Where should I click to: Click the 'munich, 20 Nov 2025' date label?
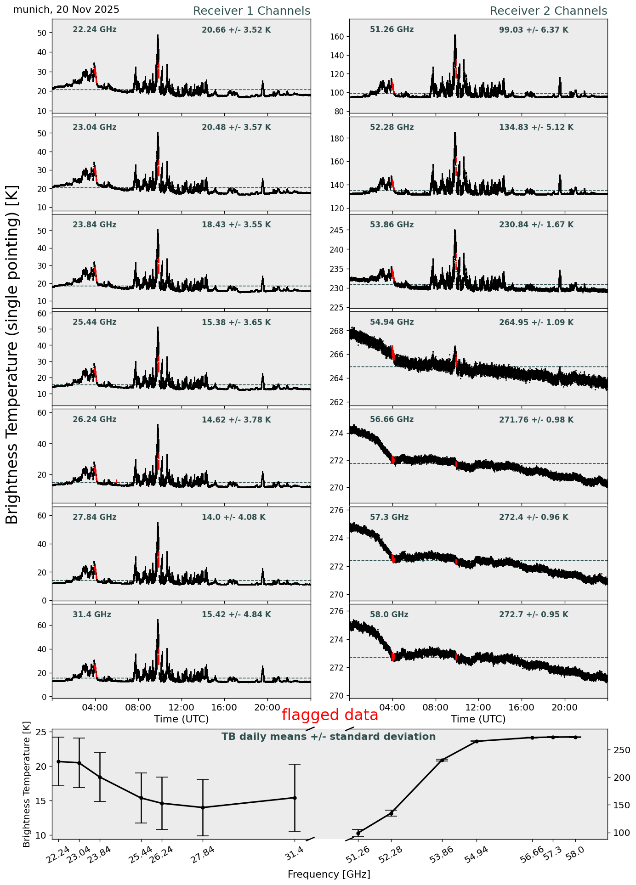pyautogui.click(x=66, y=10)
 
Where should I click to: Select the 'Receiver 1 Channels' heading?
pyautogui.click(x=251, y=11)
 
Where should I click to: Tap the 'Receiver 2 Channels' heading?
pyautogui.click(x=548, y=11)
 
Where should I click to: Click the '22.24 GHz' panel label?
pyautogui.click(x=95, y=30)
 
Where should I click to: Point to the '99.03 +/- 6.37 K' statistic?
pyautogui.click(x=534, y=30)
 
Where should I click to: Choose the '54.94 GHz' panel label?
pyautogui.click(x=392, y=322)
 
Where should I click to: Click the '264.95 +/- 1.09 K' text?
pyautogui.click(x=536, y=323)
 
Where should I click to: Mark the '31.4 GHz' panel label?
pyautogui.click(x=92, y=615)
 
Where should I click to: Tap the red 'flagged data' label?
pyautogui.click(x=330, y=715)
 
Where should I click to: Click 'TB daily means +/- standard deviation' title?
pyautogui.click(x=329, y=737)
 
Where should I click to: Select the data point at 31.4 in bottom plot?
pyautogui.click(x=295, y=798)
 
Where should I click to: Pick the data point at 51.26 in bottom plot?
pyautogui.click(x=358, y=833)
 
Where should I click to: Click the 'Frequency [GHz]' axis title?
pyautogui.click(x=329, y=874)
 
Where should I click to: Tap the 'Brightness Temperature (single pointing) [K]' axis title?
pyautogui.click(x=12, y=354)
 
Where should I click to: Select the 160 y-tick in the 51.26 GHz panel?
pyautogui.click(x=340, y=37)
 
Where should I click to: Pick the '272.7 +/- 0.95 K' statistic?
pyautogui.click(x=534, y=615)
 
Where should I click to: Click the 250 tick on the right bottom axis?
pyautogui.click(x=621, y=750)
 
